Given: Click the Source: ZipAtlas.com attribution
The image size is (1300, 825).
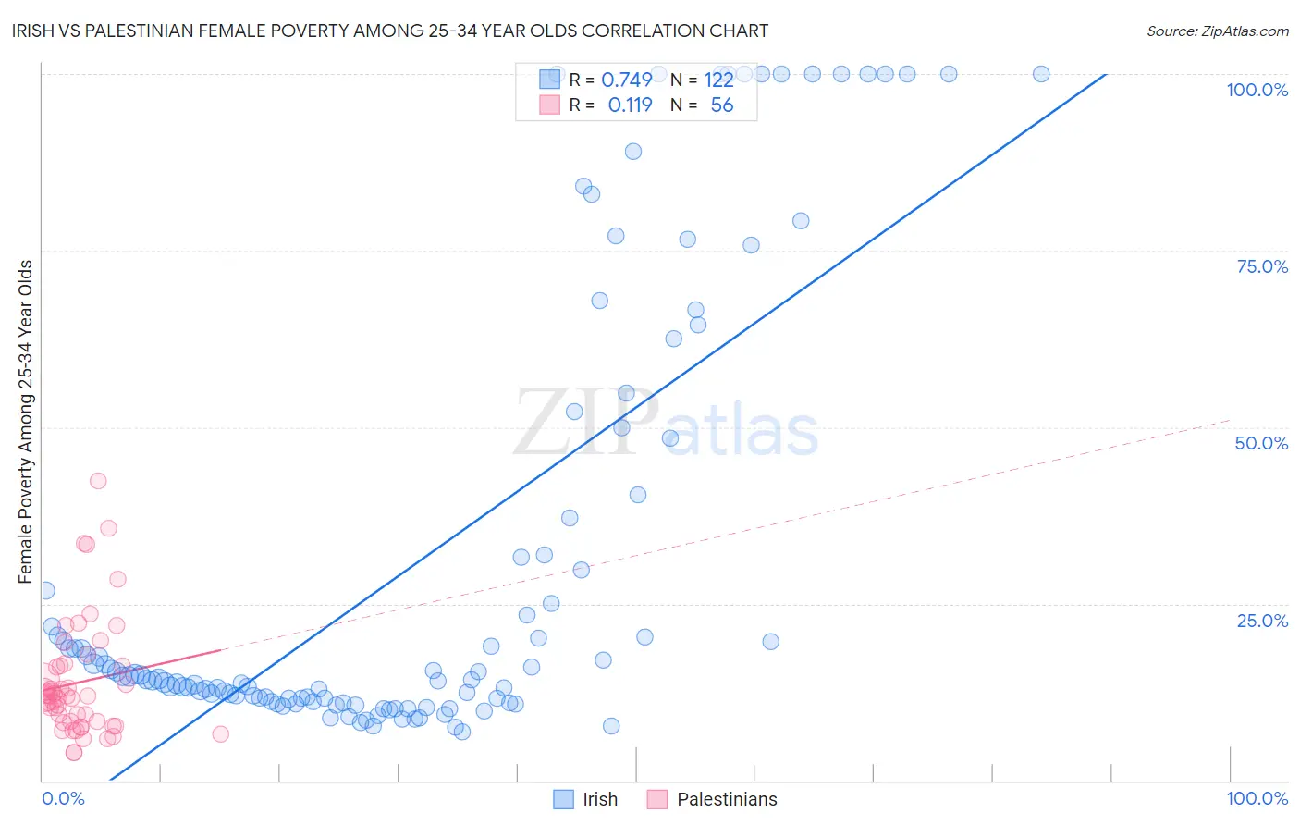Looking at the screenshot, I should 1217,31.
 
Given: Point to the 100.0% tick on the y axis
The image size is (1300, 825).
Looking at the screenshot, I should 1257,90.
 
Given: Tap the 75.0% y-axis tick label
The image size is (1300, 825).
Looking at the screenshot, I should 1262,266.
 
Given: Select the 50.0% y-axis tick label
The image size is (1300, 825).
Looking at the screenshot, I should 1261,443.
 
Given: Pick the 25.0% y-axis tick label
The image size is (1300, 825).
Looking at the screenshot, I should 1262,621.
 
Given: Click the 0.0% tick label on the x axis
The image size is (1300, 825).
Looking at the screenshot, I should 63,798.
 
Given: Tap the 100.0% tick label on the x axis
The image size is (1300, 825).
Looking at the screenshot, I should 1257,798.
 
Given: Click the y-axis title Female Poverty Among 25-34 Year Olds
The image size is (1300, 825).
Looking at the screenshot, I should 26,422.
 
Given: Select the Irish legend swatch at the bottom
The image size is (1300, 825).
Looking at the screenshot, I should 563,799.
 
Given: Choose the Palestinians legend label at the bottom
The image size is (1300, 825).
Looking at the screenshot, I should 727,799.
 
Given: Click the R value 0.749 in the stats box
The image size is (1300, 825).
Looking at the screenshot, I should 627,80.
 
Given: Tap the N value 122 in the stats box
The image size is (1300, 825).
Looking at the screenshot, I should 718,80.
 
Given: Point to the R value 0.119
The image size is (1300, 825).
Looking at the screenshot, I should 630,105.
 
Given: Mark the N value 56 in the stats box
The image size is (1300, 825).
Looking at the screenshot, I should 721,105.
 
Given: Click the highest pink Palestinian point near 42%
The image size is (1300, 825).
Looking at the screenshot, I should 98,481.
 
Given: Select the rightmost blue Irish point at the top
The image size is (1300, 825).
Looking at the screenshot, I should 1041,74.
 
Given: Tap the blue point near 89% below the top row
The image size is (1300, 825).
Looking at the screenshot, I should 633,152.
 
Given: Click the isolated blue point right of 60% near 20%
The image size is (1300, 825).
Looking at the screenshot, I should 770,642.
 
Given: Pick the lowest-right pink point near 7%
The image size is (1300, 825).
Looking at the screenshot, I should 220,734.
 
